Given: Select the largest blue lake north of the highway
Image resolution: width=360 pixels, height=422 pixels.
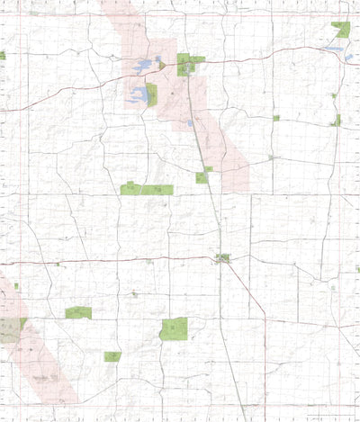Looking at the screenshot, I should [143, 67].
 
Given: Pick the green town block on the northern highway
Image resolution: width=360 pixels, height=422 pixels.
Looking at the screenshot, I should [188, 63].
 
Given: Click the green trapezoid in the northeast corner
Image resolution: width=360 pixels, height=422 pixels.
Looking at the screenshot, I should [341, 30].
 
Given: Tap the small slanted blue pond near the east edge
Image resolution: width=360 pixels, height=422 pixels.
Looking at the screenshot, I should [349, 58].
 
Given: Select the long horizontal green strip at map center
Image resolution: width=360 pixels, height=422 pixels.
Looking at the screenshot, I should [146, 190].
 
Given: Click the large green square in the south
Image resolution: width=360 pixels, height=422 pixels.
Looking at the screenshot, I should [174, 328].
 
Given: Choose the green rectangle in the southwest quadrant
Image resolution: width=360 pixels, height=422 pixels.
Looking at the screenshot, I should [78, 312].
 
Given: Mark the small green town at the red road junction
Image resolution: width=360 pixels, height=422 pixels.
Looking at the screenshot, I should [222, 259].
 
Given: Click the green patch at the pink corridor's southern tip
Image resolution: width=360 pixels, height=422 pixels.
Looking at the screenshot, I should [202, 176].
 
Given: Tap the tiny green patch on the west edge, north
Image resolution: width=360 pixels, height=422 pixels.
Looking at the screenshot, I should [3, 56].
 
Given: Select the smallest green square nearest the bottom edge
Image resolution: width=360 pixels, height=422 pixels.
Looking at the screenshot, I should [112, 357].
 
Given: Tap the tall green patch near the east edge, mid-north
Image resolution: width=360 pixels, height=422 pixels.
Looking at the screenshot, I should [337, 120].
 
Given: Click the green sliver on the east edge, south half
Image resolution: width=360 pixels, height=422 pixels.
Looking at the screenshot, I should [357, 269].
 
